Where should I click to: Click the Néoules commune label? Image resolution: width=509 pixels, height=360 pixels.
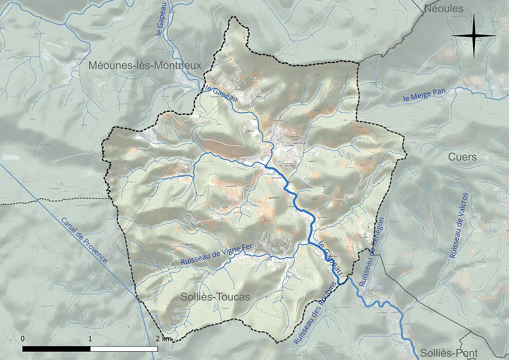(x=444, y=9)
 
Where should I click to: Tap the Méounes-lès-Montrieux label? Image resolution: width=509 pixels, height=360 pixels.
(x=145, y=66)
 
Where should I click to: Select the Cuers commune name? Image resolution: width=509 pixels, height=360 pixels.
(x=462, y=157)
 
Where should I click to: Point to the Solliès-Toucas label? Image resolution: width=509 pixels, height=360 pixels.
(x=216, y=297)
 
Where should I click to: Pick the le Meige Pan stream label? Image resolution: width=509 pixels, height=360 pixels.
(x=424, y=95)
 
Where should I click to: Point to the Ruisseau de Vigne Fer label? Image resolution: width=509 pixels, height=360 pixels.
(x=217, y=255)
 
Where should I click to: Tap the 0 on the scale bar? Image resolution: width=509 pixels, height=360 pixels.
(x=23, y=339)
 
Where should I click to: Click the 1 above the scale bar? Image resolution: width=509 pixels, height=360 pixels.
(x=90, y=339)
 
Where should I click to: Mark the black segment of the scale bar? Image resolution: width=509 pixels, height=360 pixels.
(x=56, y=349)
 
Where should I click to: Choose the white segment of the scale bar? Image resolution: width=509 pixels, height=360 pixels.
(x=124, y=349)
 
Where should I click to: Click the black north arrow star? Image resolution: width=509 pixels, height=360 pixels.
(x=474, y=36)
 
